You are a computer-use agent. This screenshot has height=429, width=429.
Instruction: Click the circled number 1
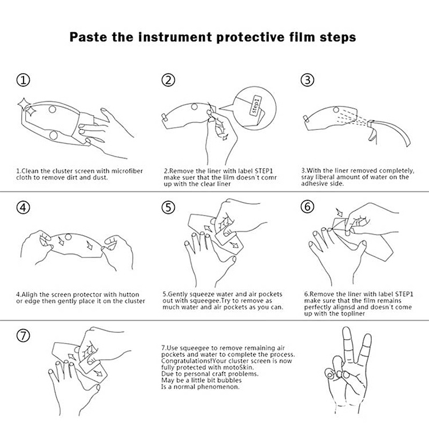pos(23,80)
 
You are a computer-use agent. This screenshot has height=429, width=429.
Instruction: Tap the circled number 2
pos(168,80)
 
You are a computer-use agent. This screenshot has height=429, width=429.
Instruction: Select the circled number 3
pos(308,80)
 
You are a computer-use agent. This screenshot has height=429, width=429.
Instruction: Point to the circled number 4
pos(23,208)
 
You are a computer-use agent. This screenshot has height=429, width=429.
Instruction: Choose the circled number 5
pos(168,208)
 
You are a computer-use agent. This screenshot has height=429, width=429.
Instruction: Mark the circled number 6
pos(308,206)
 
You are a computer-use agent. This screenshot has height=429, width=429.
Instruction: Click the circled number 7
pos(23,335)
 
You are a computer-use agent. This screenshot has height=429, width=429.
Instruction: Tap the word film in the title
pos(302,37)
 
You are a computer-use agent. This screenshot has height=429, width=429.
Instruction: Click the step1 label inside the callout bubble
pos(256,105)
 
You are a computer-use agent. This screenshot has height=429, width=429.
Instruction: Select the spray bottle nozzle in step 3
pos(371,124)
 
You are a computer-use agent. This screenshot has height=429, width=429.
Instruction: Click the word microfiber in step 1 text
pos(127,171)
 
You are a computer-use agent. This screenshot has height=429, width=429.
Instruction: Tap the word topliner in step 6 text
pos(353,314)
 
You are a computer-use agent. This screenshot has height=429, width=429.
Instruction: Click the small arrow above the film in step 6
pos(340,212)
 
